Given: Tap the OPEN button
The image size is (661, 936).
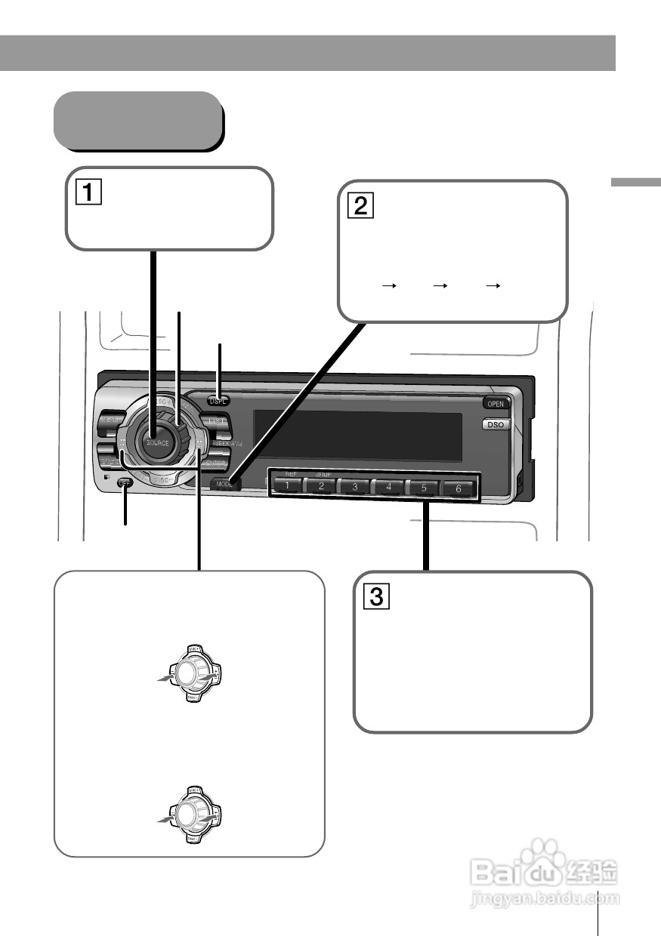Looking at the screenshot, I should [495, 404].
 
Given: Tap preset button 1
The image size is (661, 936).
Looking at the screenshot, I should [286, 487].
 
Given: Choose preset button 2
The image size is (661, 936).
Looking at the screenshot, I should [321, 487].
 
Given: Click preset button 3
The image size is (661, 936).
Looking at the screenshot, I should [355, 488].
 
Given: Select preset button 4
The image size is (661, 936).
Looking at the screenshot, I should [389, 488].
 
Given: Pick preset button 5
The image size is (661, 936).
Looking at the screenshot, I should [424, 488].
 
